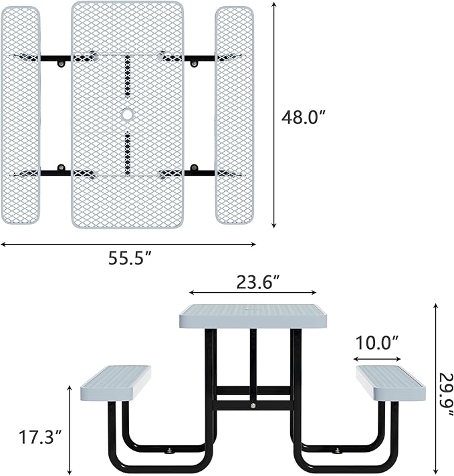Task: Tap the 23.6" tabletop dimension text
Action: (257, 282)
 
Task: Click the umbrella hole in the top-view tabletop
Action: (127, 115)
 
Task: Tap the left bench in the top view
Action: (21, 115)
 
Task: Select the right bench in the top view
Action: (234, 115)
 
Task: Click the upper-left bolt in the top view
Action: (62, 64)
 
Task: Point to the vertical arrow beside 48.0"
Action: (274, 115)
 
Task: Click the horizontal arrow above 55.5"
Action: (128, 245)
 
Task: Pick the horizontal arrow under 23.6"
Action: (253, 293)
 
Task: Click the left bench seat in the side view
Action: (116, 382)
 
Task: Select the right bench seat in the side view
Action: (390, 382)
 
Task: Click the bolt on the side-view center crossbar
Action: (253, 405)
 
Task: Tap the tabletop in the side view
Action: (253, 316)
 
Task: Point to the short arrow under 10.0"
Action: (376, 356)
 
